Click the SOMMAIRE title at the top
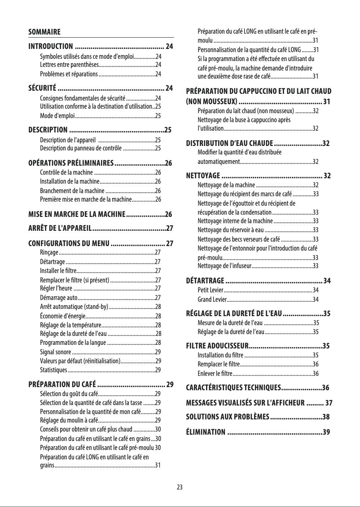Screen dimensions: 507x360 (44, 32)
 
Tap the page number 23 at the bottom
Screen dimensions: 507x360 (180, 487)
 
